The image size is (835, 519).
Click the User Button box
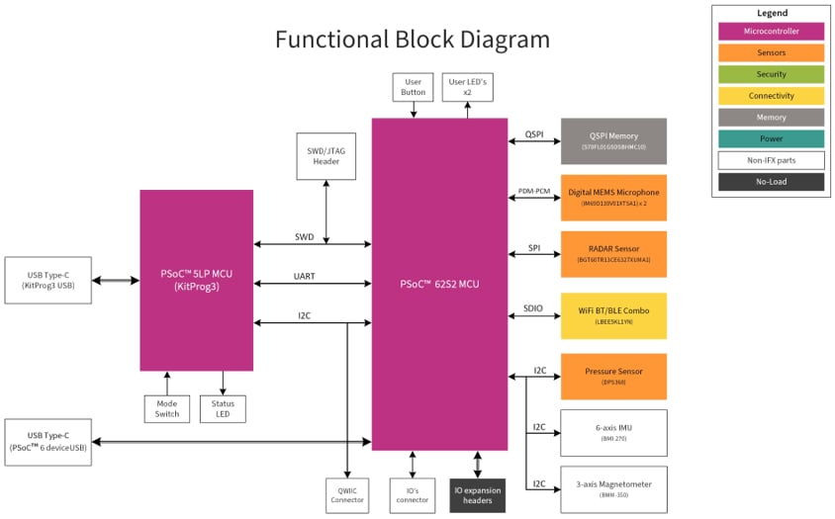tap(413, 87)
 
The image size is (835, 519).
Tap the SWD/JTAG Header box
tap(325, 156)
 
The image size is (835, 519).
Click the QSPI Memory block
tap(613, 140)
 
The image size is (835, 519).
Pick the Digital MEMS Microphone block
tap(613, 197)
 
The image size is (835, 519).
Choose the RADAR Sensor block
tap(613, 254)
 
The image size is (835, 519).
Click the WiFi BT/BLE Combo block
tap(613, 315)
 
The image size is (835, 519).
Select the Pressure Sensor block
tap(613, 377)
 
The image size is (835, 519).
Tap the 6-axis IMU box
tap(613, 432)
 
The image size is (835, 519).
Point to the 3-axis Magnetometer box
tap(613, 488)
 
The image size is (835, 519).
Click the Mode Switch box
tap(167, 408)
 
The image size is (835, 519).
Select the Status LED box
tap(223, 408)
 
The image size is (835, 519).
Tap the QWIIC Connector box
tap(347, 494)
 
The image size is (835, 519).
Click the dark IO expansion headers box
tap(477, 494)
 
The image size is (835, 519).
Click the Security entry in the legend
tap(771, 74)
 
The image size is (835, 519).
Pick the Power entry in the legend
tap(771, 139)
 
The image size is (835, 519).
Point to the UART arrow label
tap(305, 276)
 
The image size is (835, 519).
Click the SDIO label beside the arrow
tap(533, 308)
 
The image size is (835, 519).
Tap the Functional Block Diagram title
tap(412, 41)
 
